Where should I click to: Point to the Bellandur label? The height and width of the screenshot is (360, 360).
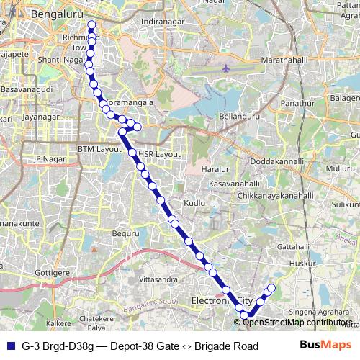239,115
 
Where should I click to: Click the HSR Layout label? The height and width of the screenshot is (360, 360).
159,154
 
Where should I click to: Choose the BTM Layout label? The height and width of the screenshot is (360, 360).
100,149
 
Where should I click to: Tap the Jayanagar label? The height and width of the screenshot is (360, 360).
40,115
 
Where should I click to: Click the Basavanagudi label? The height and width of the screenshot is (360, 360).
27,89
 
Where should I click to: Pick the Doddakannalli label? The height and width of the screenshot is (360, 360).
276,162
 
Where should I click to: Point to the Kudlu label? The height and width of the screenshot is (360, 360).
194,204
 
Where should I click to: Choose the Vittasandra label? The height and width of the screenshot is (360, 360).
158,278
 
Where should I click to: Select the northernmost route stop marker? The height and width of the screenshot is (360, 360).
91,25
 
